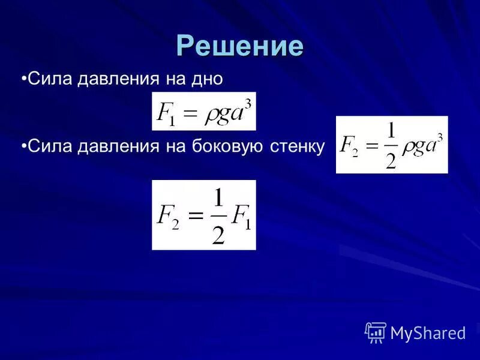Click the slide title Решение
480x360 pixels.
(x=240, y=46)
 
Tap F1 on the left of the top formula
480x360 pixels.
(x=166, y=114)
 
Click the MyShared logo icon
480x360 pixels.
(x=375, y=332)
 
